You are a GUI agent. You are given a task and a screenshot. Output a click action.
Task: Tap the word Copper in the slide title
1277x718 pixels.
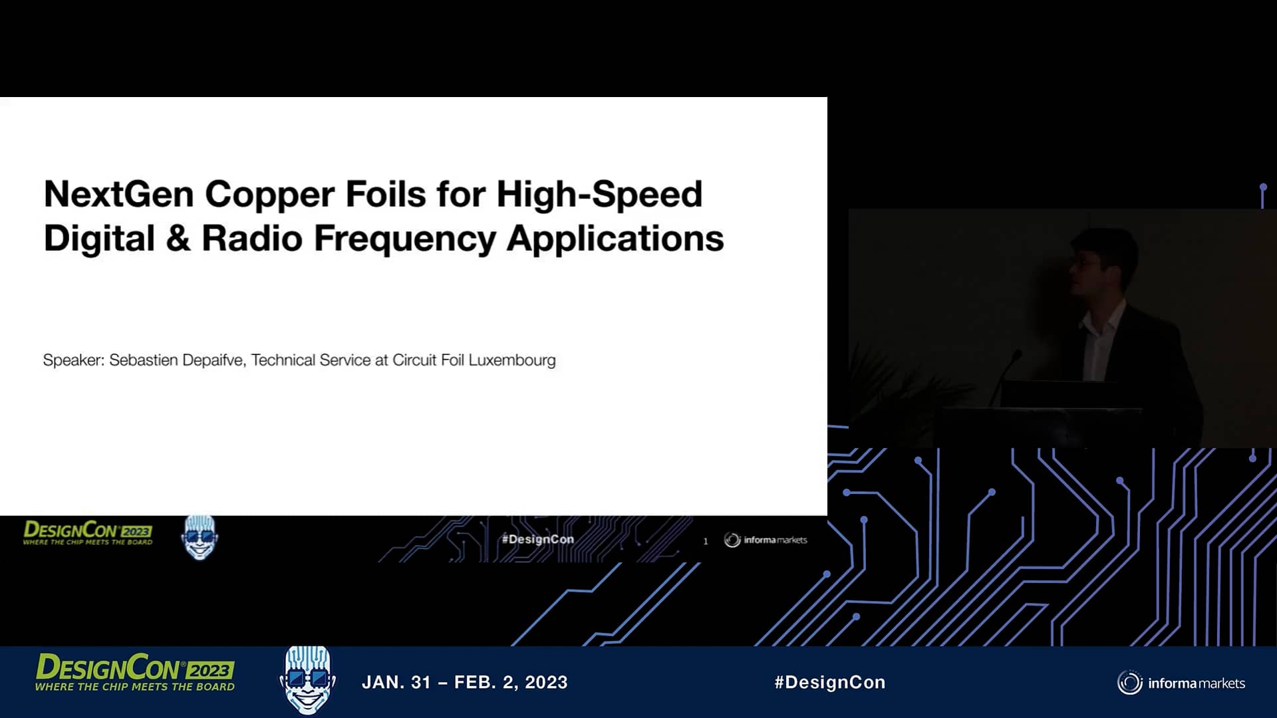pos(269,195)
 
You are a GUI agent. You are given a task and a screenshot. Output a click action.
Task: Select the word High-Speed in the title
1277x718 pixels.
pos(599,195)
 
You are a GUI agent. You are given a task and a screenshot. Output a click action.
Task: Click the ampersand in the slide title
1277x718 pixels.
pos(178,239)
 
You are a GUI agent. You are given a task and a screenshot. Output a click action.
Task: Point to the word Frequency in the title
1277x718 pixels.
pos(404,239)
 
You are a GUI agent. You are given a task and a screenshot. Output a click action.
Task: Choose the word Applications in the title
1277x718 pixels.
pos(615,239)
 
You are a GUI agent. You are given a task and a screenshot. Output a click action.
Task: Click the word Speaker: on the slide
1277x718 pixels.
pos(73,360)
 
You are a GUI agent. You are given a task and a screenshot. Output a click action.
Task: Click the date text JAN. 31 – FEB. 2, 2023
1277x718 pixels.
pos(464,683)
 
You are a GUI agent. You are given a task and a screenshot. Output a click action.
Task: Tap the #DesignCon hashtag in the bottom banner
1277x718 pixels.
pos(829,683)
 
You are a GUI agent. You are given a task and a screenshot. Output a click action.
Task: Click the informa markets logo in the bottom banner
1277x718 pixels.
pos(1181,683)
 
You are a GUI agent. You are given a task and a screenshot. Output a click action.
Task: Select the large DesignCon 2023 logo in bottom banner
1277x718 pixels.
pos(135,672)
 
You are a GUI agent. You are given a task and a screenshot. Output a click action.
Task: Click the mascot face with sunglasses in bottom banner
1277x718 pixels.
pos(307,679)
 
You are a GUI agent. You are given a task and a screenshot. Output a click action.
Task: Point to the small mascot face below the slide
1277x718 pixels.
pos(200,537)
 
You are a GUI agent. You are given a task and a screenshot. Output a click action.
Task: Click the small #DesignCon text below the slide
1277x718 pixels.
pos(537,539)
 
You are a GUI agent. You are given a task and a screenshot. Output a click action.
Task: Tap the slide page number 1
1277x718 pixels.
pos(706,541)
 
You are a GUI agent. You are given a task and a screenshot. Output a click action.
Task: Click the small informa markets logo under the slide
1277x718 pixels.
pos(766,540)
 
